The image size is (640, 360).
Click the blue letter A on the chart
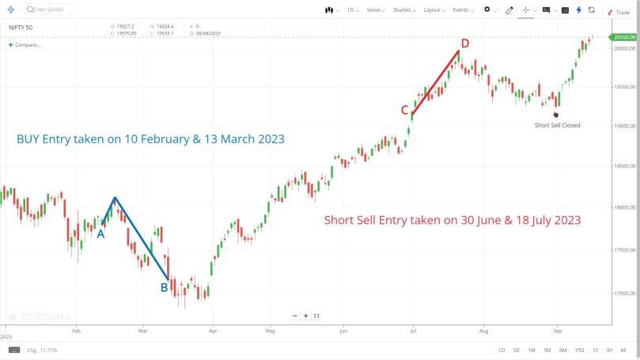(100, 233)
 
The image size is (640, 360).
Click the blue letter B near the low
(165, 287)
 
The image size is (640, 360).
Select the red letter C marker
(403, 110)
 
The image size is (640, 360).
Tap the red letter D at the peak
(465, 44)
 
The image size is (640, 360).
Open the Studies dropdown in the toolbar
(403, 9)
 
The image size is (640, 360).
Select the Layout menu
(434, 9)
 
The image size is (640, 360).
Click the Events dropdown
(463, 9)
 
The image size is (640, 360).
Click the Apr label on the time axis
(212, 331)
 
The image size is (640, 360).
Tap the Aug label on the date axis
(483, 331)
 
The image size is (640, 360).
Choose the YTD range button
(580, 350)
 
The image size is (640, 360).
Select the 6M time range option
(562, 350)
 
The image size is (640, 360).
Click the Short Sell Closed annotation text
(557, 125)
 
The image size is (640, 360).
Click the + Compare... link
(25, 44)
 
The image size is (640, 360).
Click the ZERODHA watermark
(44, 316)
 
